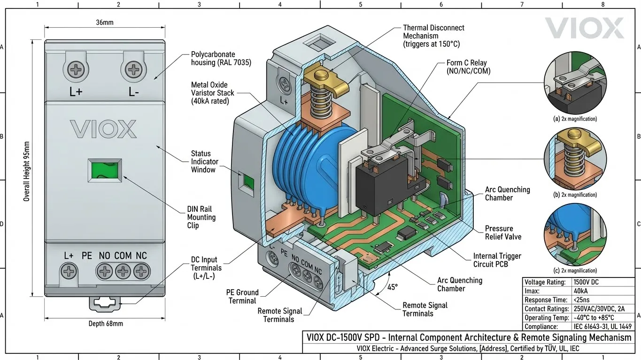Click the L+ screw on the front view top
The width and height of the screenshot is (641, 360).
76,71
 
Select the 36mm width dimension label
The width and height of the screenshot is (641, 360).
105,22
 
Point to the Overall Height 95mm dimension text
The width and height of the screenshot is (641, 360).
27,172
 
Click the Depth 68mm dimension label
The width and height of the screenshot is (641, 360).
106,323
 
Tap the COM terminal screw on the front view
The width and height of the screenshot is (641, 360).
123,271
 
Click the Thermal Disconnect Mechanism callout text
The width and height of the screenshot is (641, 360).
433,36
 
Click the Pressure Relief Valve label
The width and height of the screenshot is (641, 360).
503,232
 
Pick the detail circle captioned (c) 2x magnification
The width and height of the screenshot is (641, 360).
575,234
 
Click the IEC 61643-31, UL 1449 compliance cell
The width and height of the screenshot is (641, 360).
602,327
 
